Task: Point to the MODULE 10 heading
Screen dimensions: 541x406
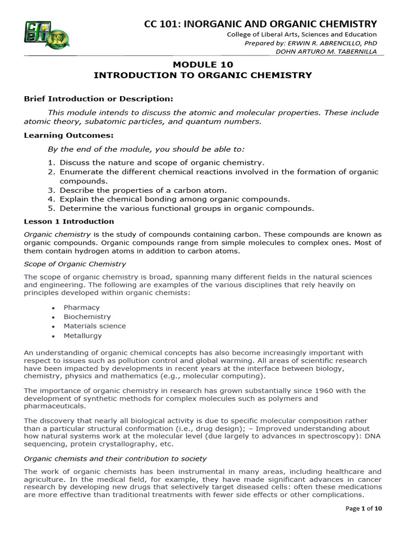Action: click(203, 64)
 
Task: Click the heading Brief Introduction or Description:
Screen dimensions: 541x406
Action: click(98, 99)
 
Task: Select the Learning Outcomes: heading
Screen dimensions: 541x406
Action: click(69, 135)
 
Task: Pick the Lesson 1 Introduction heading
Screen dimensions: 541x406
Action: click(69, 221)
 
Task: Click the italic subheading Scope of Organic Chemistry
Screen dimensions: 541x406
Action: click(75, 264)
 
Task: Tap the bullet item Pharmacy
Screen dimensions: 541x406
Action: click(81, 307)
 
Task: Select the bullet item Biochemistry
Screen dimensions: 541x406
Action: click(87, 316)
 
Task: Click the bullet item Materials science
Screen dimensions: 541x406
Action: click(95, 326)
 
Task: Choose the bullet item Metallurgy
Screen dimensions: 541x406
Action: click(82, 335)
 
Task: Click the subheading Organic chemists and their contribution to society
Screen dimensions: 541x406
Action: click(115, 458)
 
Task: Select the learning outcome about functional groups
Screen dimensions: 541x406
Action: click(187, 208)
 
